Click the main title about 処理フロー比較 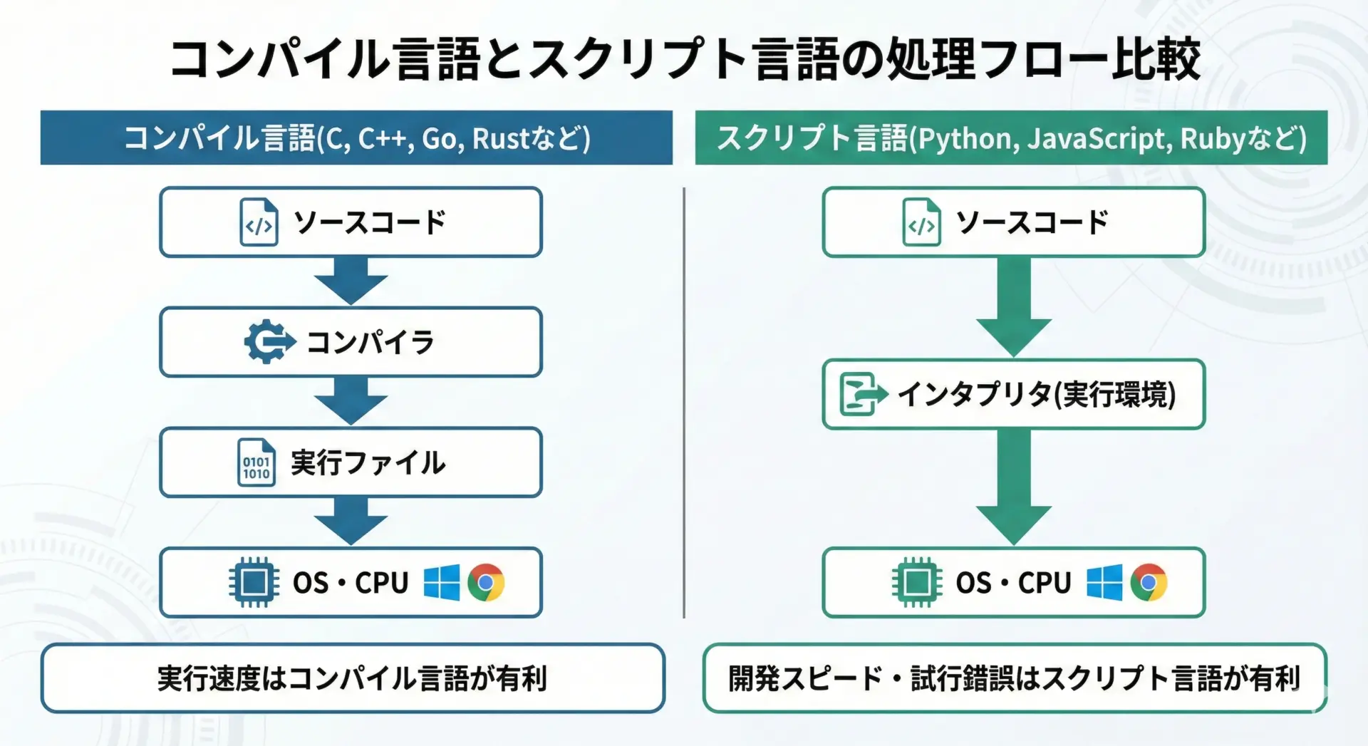tap(684, 58)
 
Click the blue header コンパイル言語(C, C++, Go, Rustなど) tap(356, 138)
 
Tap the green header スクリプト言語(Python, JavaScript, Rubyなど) tap(1011, 138)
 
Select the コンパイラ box tap(351, 342)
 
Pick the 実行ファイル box tap(351, 462)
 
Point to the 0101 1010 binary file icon tap(256, 463)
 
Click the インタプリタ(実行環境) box tap(1013, 394)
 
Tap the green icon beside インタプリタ tap(861, 394)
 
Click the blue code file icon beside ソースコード tap(259, 222)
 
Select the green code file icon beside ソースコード tap(921, 222)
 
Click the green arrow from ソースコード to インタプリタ tap(1013, 306)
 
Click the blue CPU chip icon tap(254, 582)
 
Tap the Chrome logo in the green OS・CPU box tap(1149, 582)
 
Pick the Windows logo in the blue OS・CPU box tap(442, 583)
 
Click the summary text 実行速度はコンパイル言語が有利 tap(353, 678)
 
